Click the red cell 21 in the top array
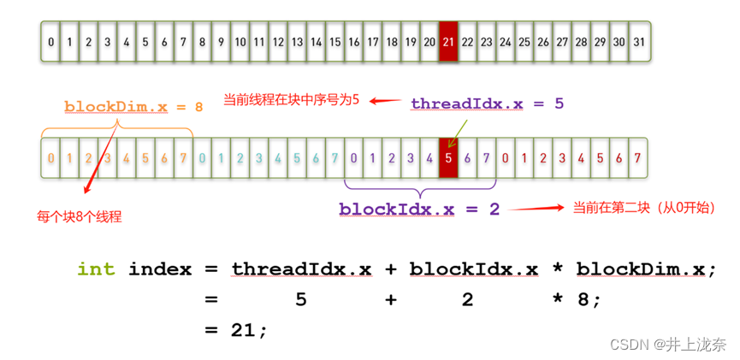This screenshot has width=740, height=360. [449, 42]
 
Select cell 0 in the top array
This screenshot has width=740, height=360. [51, 42]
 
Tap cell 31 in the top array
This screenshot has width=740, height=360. [639, 42]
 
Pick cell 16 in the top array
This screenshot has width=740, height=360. [354, 42]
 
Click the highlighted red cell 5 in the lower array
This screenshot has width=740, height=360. [449, 157]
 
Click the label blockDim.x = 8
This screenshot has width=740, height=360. [133, 107]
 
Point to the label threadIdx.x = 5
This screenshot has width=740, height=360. [487, 103]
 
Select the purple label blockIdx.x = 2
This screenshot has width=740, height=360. [419, 209]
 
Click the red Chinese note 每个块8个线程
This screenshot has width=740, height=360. [79, 216]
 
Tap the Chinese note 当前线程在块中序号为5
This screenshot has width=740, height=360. [291, 100]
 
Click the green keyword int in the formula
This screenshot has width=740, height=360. [95, 269]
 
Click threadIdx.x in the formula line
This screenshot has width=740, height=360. [301, 269]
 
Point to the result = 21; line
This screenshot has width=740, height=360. [236, 329]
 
